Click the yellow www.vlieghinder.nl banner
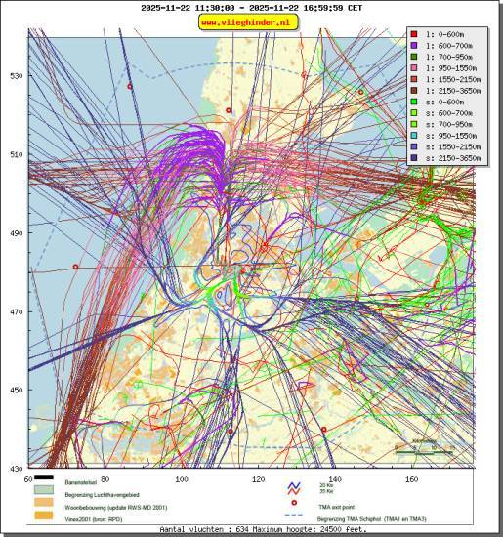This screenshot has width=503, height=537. pos(251,21)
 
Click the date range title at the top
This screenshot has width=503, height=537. pos(251,7)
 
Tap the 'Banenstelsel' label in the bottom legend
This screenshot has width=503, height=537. pos(82,483)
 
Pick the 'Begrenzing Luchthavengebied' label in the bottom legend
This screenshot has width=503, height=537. pos(104,494)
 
